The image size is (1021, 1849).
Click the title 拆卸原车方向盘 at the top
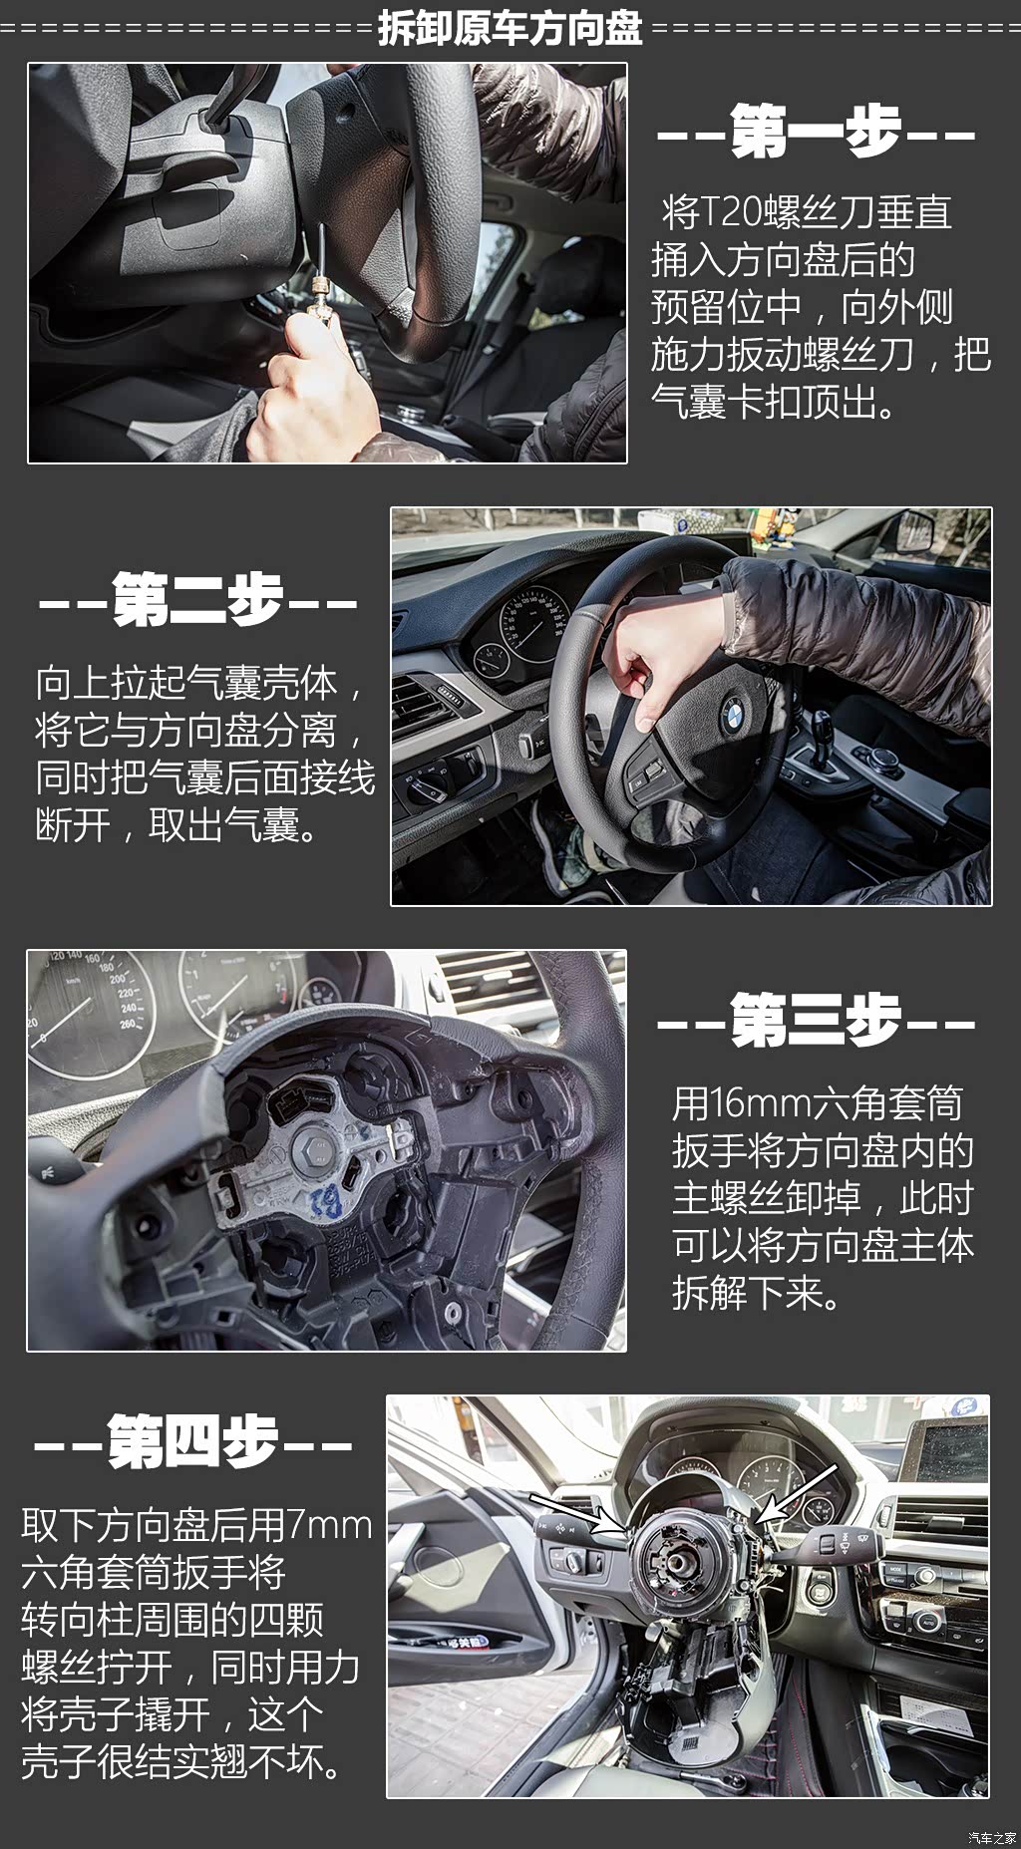coord(510,27)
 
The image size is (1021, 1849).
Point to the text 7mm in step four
coord(329,1524)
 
